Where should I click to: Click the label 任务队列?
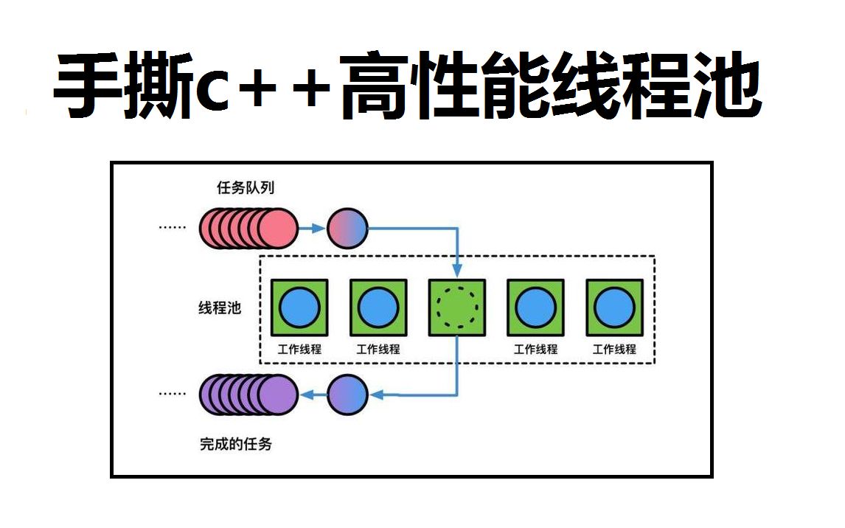tap(246, 188)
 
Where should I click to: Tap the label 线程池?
tap(219, 308)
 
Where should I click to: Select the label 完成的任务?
tap(235, 444)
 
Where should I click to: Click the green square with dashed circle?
tap(456, 308)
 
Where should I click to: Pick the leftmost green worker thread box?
tap(299, 308)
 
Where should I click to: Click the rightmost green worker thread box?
tap(613, 308)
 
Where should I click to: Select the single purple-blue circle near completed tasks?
tap(347, 395)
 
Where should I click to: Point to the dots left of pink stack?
tap(173, 228)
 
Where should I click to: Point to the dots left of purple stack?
tap(173, 395)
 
